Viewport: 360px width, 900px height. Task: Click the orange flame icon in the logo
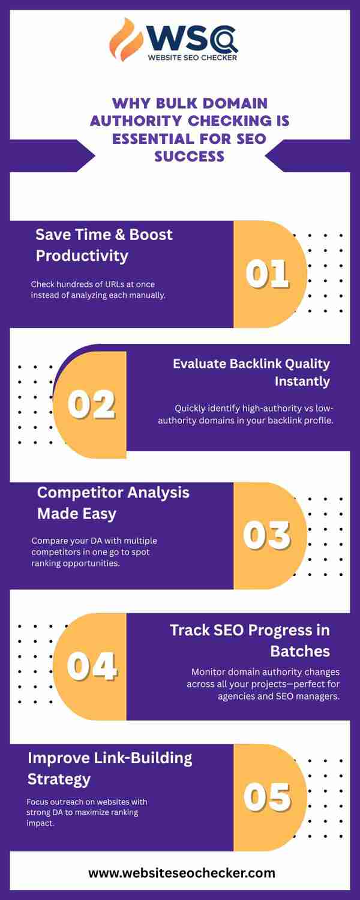[126, 40]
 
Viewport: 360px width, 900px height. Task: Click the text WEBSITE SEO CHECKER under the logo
[193, 58]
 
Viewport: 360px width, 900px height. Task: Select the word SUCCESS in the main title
[189, 156]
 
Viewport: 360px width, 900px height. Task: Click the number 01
[267, 274]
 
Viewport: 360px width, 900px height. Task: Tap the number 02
[92, 404]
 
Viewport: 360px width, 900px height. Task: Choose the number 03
[267, 535]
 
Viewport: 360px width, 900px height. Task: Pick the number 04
[92, 666]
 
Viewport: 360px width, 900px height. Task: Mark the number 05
[267, 797]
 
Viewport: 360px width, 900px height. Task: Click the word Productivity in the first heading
[82, 256]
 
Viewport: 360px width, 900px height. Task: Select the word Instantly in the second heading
[302, 381]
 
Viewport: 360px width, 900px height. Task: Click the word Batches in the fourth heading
[300, 651]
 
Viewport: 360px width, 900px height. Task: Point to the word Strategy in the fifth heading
[59, 779]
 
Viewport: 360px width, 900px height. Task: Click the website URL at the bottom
[182, 873]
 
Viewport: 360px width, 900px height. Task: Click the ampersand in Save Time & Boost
[120, 235]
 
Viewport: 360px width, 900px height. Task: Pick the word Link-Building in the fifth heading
[143, 758]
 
